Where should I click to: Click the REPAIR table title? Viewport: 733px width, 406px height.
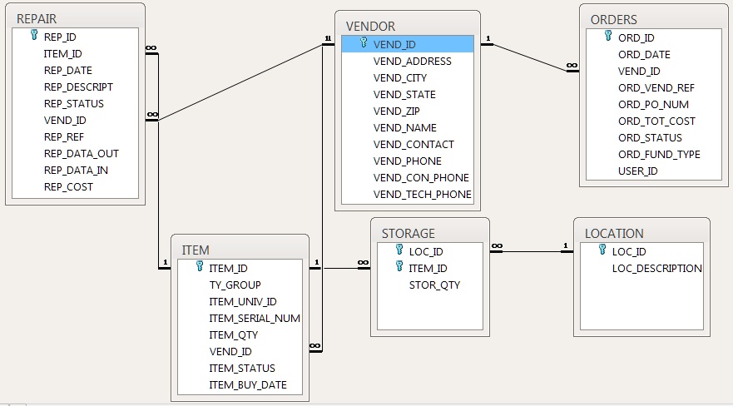pos(37,18)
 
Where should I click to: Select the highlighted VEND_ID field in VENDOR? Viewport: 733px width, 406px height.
pos(394,44)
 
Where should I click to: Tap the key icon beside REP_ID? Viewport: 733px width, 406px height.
pos(34,37)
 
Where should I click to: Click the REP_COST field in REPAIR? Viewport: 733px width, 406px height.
pos(68,187)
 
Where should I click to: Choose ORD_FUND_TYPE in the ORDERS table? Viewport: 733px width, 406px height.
pos(659,154)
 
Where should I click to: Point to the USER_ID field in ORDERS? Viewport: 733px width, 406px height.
pos(638,171)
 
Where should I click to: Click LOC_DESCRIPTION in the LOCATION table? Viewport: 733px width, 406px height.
pos(656,268)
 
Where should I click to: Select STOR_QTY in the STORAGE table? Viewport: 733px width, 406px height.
pos(434,285)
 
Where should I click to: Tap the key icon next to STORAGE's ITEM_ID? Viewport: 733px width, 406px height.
pos(399,267)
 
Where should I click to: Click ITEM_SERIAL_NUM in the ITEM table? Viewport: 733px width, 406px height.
pos(254,318)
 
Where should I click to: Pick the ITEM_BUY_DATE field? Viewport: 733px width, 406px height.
pos(247,384)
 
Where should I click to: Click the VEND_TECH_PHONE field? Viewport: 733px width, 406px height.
pos(422,194)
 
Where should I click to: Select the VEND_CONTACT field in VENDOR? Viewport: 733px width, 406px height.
pos(414,144)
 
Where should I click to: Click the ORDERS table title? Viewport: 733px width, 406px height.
pos(614,18)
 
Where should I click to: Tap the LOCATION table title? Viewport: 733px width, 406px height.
pos(614,233)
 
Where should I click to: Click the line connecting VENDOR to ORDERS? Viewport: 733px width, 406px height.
pos(529,57)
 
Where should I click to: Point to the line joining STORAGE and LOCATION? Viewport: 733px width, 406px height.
pos(531,251)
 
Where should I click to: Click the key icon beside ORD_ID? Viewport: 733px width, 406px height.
pos(604,37)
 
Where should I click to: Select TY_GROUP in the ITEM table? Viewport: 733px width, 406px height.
pos(235,285)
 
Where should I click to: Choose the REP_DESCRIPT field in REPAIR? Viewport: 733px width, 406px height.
pos(78,87)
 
